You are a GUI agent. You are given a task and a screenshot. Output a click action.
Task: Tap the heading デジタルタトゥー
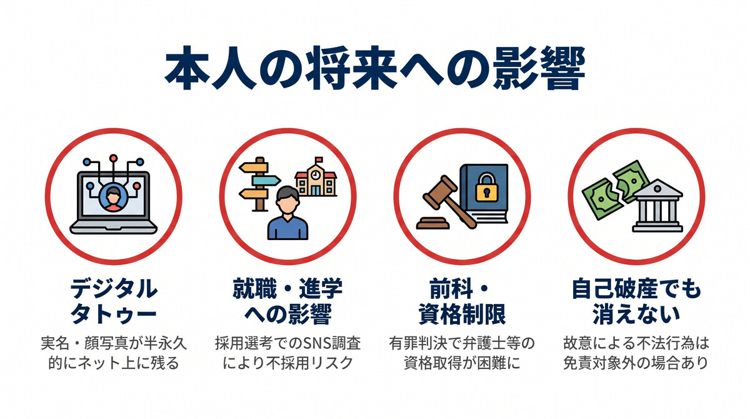tap(113, 301)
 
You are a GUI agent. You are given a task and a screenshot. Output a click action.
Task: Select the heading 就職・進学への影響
tap(287, 301)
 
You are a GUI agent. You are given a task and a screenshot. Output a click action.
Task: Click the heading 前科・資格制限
tap(462, 301)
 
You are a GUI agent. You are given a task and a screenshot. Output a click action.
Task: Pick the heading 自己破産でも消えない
tap(637, 301)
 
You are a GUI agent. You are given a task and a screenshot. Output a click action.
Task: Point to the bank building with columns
tap(657, 206)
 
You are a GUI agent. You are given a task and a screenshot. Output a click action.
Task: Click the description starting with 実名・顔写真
tap(113, 343)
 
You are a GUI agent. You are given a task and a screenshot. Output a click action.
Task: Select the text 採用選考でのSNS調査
tap(287, 343)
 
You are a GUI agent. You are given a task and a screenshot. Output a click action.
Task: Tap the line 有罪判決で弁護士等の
tap(462, 343)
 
